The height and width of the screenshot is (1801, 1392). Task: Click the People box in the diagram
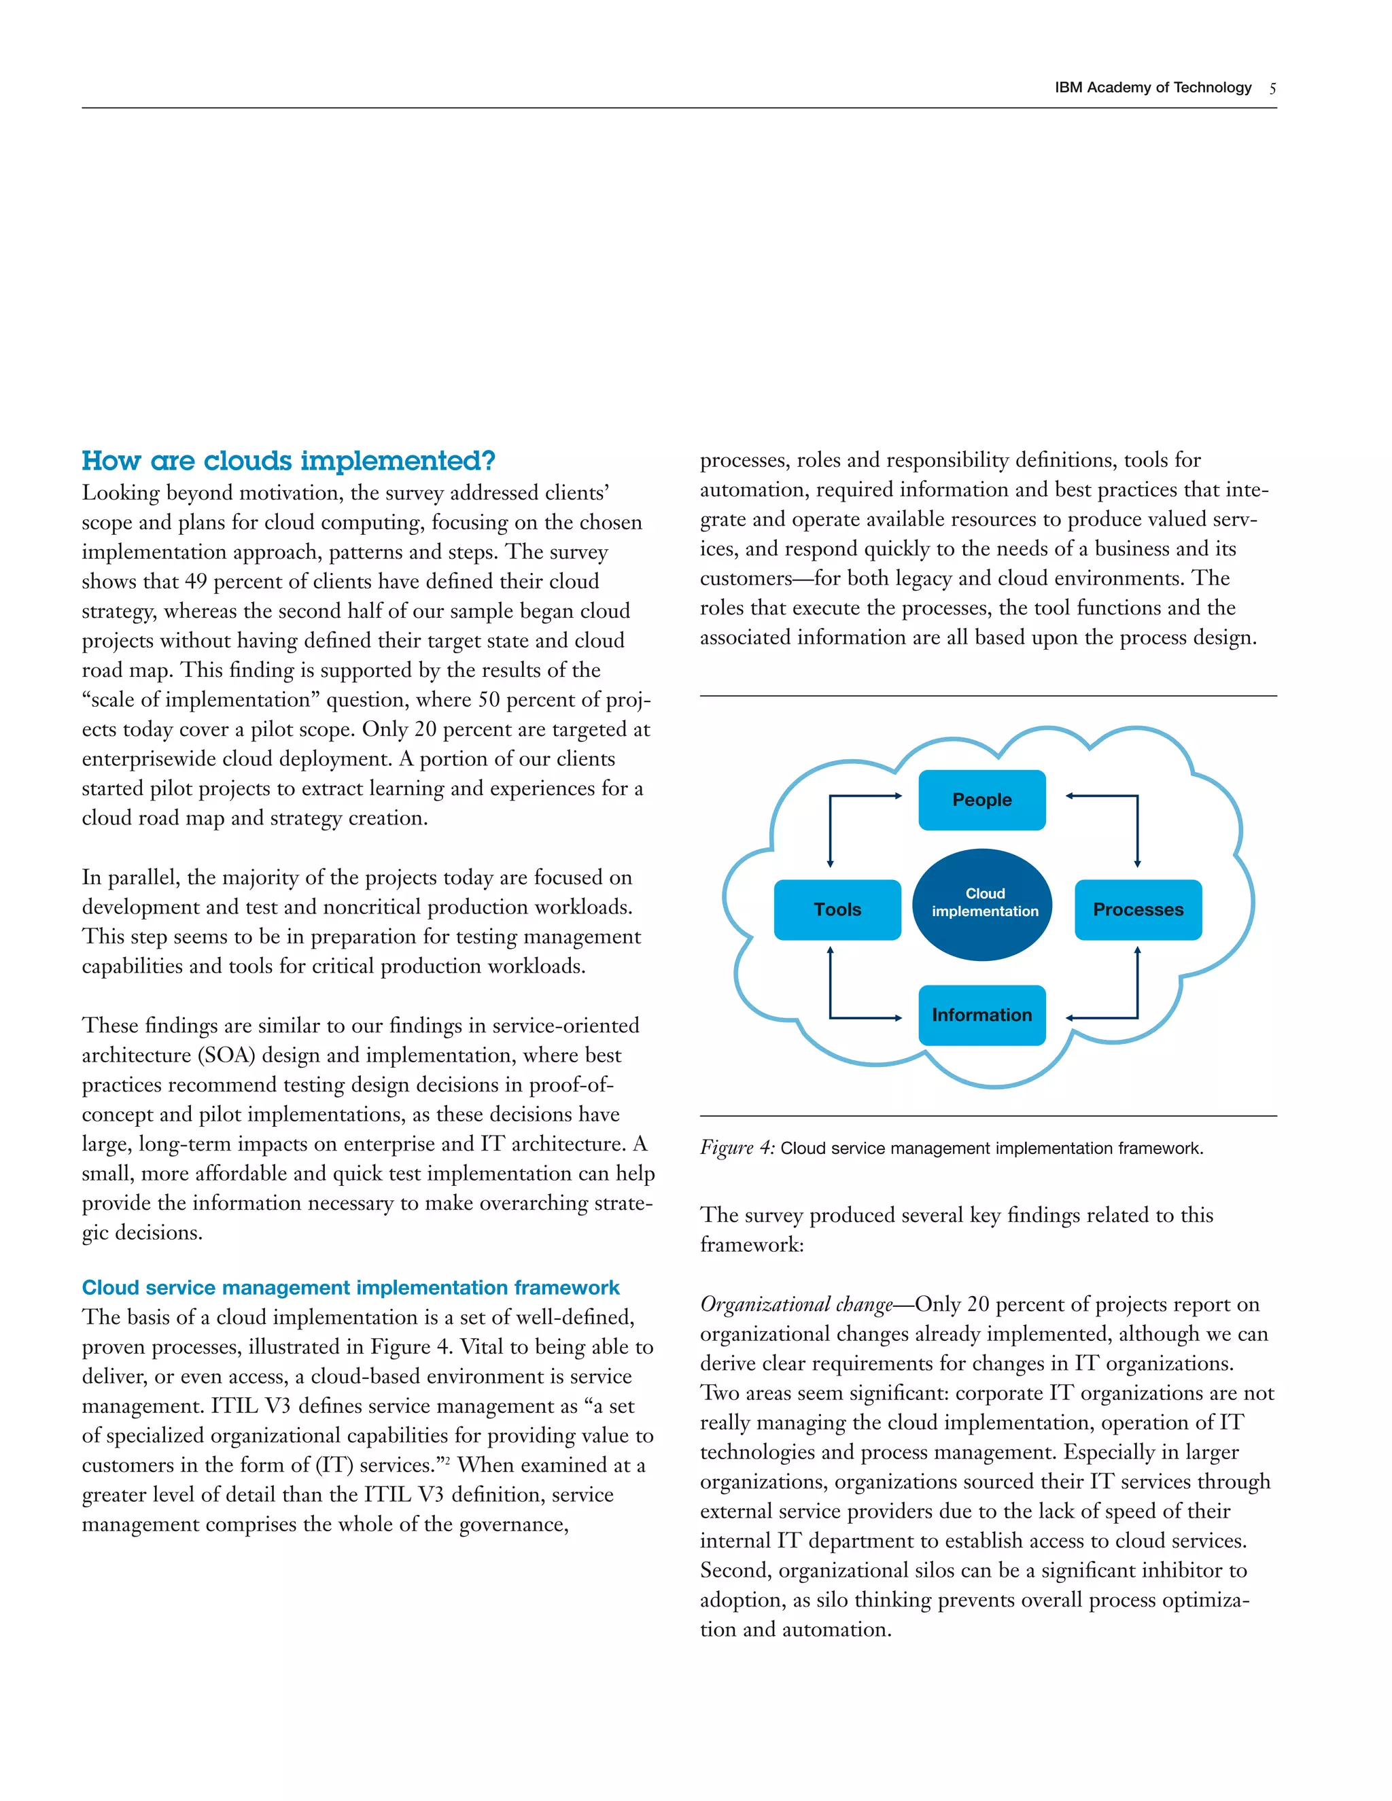981,799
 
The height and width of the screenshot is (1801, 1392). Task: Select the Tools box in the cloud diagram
837,909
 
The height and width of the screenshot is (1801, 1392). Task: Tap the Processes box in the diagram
1137,909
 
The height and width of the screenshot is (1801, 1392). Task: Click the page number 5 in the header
1272,88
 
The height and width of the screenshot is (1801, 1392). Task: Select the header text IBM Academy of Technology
1152,88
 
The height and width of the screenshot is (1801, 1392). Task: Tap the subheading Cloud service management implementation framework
351,1287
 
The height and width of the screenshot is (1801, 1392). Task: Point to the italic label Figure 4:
736,1147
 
